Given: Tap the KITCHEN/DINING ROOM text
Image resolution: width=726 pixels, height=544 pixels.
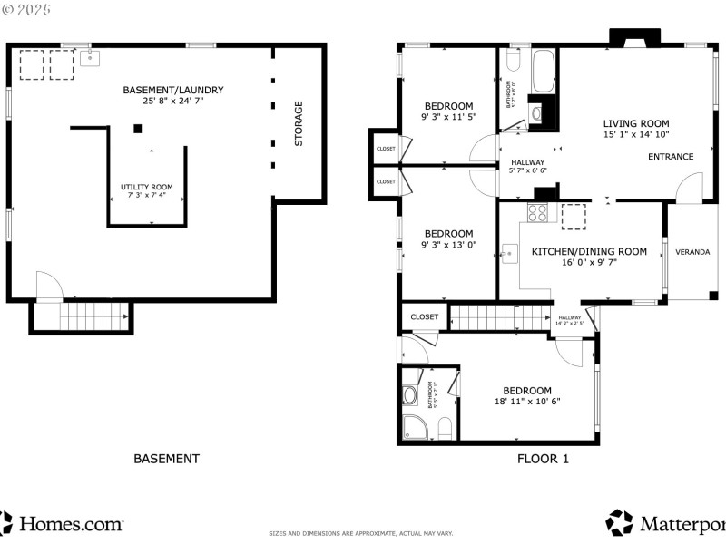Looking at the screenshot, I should pos(589,251).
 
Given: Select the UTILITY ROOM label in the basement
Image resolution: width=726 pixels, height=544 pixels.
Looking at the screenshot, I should pos(147,187).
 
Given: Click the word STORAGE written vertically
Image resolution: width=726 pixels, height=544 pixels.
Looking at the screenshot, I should pos(299,123).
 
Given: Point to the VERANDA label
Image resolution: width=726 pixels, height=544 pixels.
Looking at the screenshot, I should pos(692,251).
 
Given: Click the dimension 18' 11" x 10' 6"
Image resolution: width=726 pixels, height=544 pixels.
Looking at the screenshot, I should pos(527,402).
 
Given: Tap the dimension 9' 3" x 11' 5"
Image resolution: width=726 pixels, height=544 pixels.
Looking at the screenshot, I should pos(448,117).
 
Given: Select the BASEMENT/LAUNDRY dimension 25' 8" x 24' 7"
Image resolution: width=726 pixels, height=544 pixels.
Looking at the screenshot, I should pos(172,102).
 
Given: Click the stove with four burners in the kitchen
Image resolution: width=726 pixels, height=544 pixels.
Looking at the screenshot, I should pos(537,213).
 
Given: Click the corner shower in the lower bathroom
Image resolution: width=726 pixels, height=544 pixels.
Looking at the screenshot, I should pos(416,428).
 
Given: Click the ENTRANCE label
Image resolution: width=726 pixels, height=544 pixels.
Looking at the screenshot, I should pos(670,157).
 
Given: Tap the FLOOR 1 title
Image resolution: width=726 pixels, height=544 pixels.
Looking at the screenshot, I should pos(543,459).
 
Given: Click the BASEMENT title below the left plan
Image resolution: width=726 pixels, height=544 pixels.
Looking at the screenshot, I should pos(166,459).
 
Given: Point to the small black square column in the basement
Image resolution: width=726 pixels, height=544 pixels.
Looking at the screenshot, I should pos(138,129).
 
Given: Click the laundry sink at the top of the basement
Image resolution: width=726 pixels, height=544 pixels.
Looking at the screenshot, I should pos(91,58).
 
